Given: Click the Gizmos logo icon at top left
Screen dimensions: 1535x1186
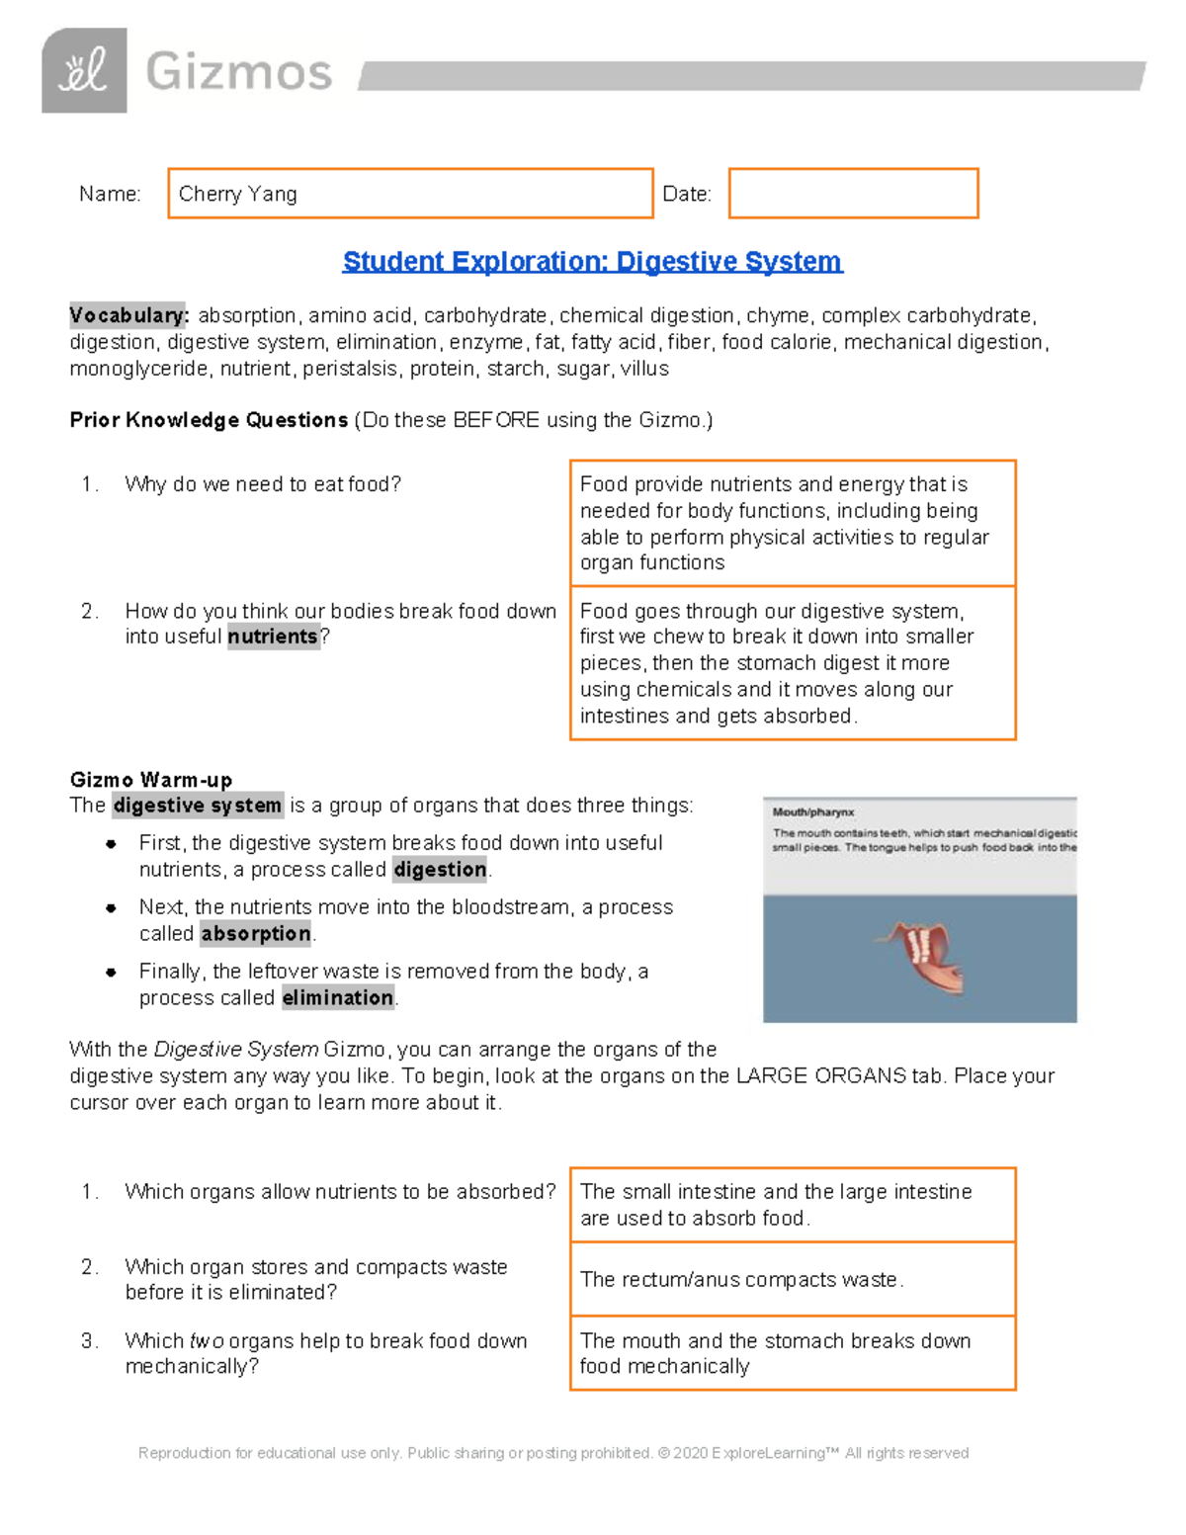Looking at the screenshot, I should click(x=84, y=70).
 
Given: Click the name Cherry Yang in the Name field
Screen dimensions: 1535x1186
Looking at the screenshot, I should click(x=238, y=194).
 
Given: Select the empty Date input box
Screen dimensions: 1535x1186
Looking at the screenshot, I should click(x=853, y=193).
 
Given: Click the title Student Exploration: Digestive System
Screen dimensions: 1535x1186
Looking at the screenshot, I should click(x=592, y=261).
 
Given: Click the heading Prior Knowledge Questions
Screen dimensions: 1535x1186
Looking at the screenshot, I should click(x=209, y=420).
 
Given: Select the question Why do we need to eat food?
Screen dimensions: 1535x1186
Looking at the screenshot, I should click(x=263, y=484).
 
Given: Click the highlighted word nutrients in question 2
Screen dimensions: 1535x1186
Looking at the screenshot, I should click(x=273, y=637).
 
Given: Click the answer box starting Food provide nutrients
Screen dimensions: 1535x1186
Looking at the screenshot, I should click(x=792, y=523).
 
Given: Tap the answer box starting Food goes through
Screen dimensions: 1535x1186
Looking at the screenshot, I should click(x=792, y=663).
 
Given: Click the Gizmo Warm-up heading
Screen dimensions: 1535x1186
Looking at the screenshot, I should click(x=150, y=780).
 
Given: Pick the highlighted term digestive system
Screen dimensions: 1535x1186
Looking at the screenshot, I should click(x=198, y=806).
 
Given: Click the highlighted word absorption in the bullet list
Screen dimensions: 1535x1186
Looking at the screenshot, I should click(x=256, y=934).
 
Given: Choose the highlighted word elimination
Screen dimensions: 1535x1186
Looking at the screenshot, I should click(x=337, y=998).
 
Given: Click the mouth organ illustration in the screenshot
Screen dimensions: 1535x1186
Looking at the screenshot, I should click(x=923, y=955).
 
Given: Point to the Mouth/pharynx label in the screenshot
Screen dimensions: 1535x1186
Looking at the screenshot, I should click(x=812, y=812).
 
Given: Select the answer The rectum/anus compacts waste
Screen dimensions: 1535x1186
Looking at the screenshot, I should click(x=741, y=1280).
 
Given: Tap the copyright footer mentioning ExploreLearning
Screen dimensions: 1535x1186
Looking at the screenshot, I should click(x=553, y=1453).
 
